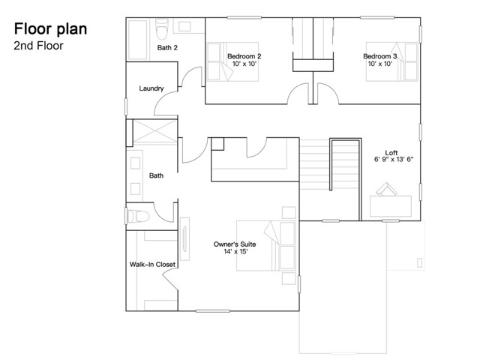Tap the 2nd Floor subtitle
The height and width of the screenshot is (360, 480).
point(37,45)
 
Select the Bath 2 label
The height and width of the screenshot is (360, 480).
point(167,48)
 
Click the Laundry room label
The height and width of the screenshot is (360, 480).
point(151,88)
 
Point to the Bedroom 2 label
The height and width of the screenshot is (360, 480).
point(244,55)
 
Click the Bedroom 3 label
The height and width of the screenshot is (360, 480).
point(380,55)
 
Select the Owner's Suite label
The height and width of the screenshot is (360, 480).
point(235,245)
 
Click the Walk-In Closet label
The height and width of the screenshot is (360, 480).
point(152,264)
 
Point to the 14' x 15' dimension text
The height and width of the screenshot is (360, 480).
point(235,252)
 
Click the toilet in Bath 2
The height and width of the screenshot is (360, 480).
point(160,29)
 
